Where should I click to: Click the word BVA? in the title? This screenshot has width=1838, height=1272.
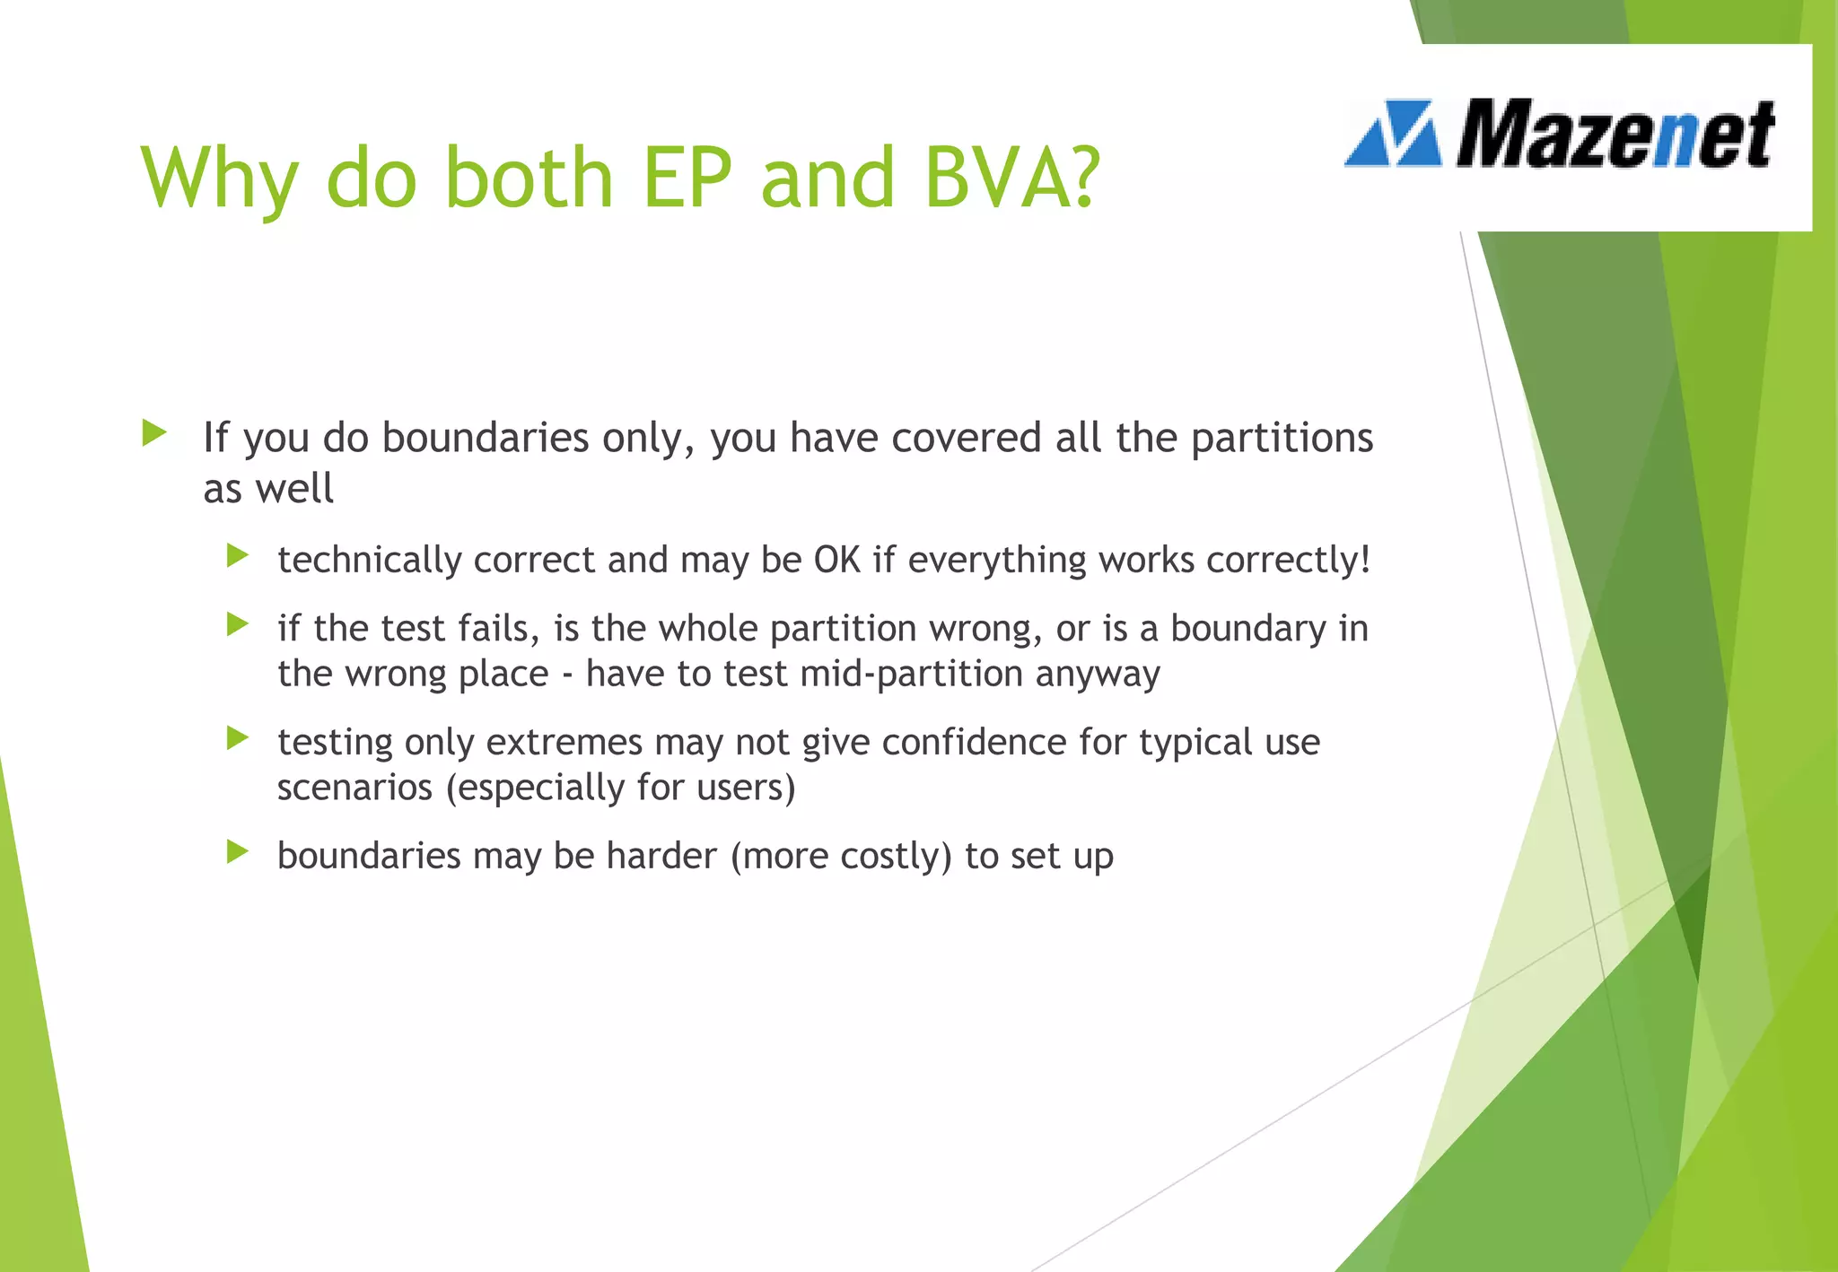coord(1011,177)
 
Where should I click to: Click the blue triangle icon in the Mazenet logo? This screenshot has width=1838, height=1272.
coord(1393,135)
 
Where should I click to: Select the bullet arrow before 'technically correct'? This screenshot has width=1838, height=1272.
coord(237,556)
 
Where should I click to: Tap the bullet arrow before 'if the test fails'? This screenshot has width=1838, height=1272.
coord(237,624)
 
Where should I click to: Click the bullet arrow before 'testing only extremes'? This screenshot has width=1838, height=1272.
coord(237,738)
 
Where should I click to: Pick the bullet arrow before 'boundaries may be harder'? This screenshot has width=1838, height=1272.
coord(237,851)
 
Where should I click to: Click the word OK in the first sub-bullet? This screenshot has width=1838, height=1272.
coord(836,560)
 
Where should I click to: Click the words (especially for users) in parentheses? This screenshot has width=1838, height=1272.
coord(620,788)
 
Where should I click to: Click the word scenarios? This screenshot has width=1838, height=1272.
coord(355,788)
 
